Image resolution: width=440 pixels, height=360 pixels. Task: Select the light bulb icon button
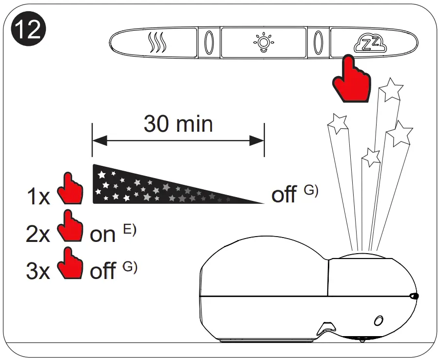(x=263, y=42)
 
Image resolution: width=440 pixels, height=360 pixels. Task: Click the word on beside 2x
(x=103, y=235)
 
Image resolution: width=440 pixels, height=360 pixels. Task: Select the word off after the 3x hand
(x=102, y=271)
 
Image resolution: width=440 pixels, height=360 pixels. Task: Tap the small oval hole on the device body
(x=378, y=321)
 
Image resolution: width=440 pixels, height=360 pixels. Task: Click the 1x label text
(x=38, y=197)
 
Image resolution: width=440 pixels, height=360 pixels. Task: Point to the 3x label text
(x=38, y=271)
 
